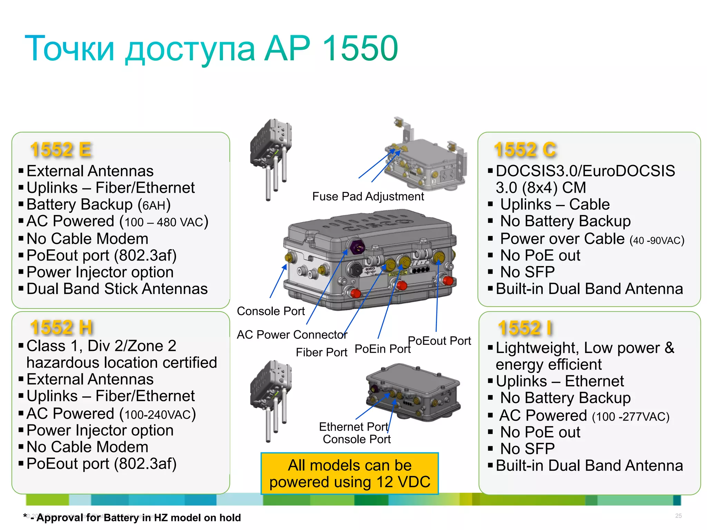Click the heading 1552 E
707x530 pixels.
pyautogui.click(x=61, y=150)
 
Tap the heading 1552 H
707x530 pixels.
pyautogui.click(x=61, y=327)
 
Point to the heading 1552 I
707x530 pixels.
pyautogui.click(x=525, y=328)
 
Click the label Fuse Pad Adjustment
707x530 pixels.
pyautogui.click(x=368, y=196)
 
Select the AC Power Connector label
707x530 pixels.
pyautogui.click(x=292, y=335)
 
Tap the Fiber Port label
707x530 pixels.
pyautogui.click(x=321, y=352)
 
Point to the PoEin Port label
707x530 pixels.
pyautogui.click(x=382, y=349)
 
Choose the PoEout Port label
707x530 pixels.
pyautogui.click(x=439, y=341)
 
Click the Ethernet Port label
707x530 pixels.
pyautogui.click(x=353, y=427)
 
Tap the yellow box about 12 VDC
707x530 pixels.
pyautogui.click(x=350, y=473)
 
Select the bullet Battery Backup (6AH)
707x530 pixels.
pyautogui.click(x=98, y=205)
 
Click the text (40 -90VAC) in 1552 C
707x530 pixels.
pyautogui.click(x=657, y=240)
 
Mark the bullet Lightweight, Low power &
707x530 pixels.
pyautogui.click(x=585, y=348)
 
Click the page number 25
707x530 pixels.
pyautogui.click(x=678, y=516)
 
